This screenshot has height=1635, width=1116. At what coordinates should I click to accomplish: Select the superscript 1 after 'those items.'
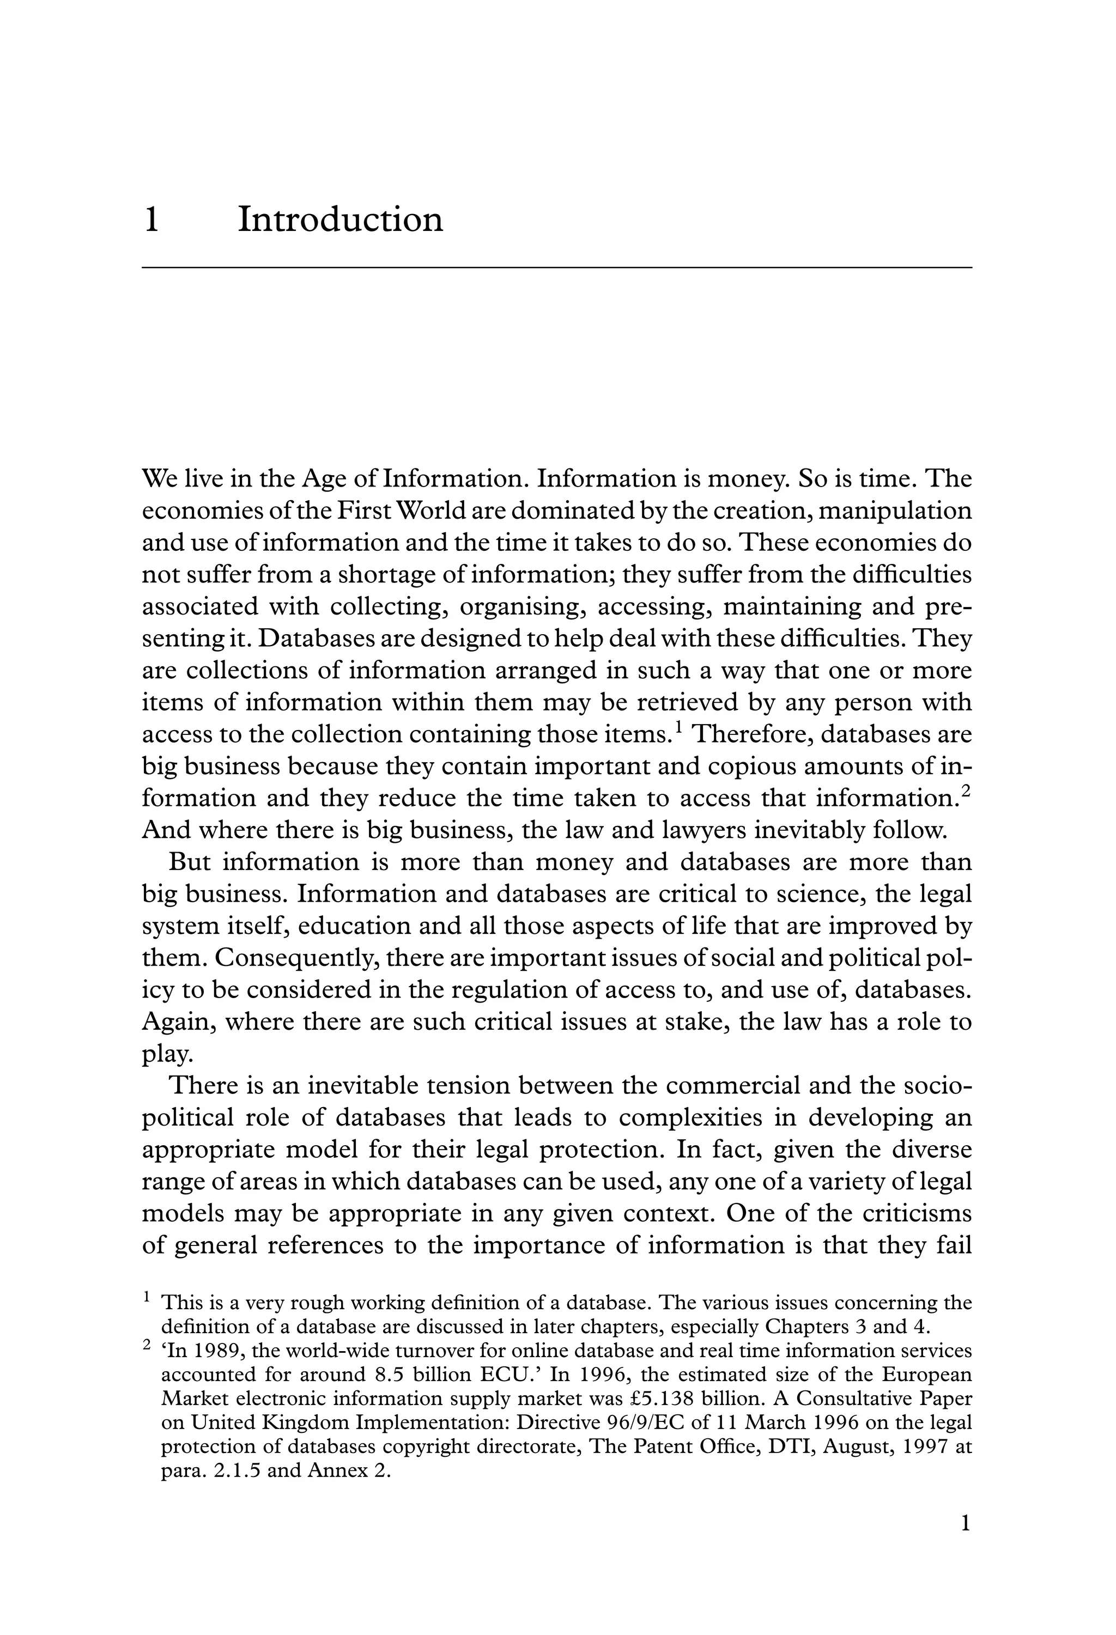coord(679,727)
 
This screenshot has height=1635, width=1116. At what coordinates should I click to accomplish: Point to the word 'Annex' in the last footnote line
coord(338,1470)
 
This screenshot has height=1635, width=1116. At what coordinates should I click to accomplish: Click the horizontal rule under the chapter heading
coord(556,268)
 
